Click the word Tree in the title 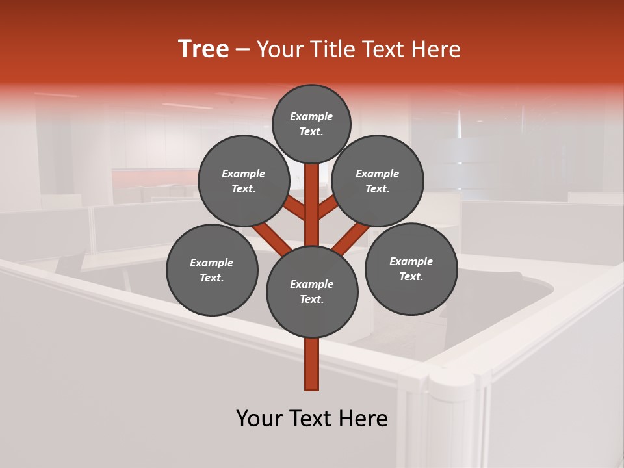pos(203,49)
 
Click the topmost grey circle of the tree pos(311,123)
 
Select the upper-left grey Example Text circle pos(244,181)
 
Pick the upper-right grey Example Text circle pos(378,181)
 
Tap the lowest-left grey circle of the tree pos(212,270)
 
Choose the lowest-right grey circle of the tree pos(411,268)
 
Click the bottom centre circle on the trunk pos(312,292)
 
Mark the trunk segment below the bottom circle pos(312,364)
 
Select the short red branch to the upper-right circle pos(328,208)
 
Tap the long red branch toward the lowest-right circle pos(351,239)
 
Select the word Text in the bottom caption pos(313,419)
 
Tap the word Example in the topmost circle pos(311,116)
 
